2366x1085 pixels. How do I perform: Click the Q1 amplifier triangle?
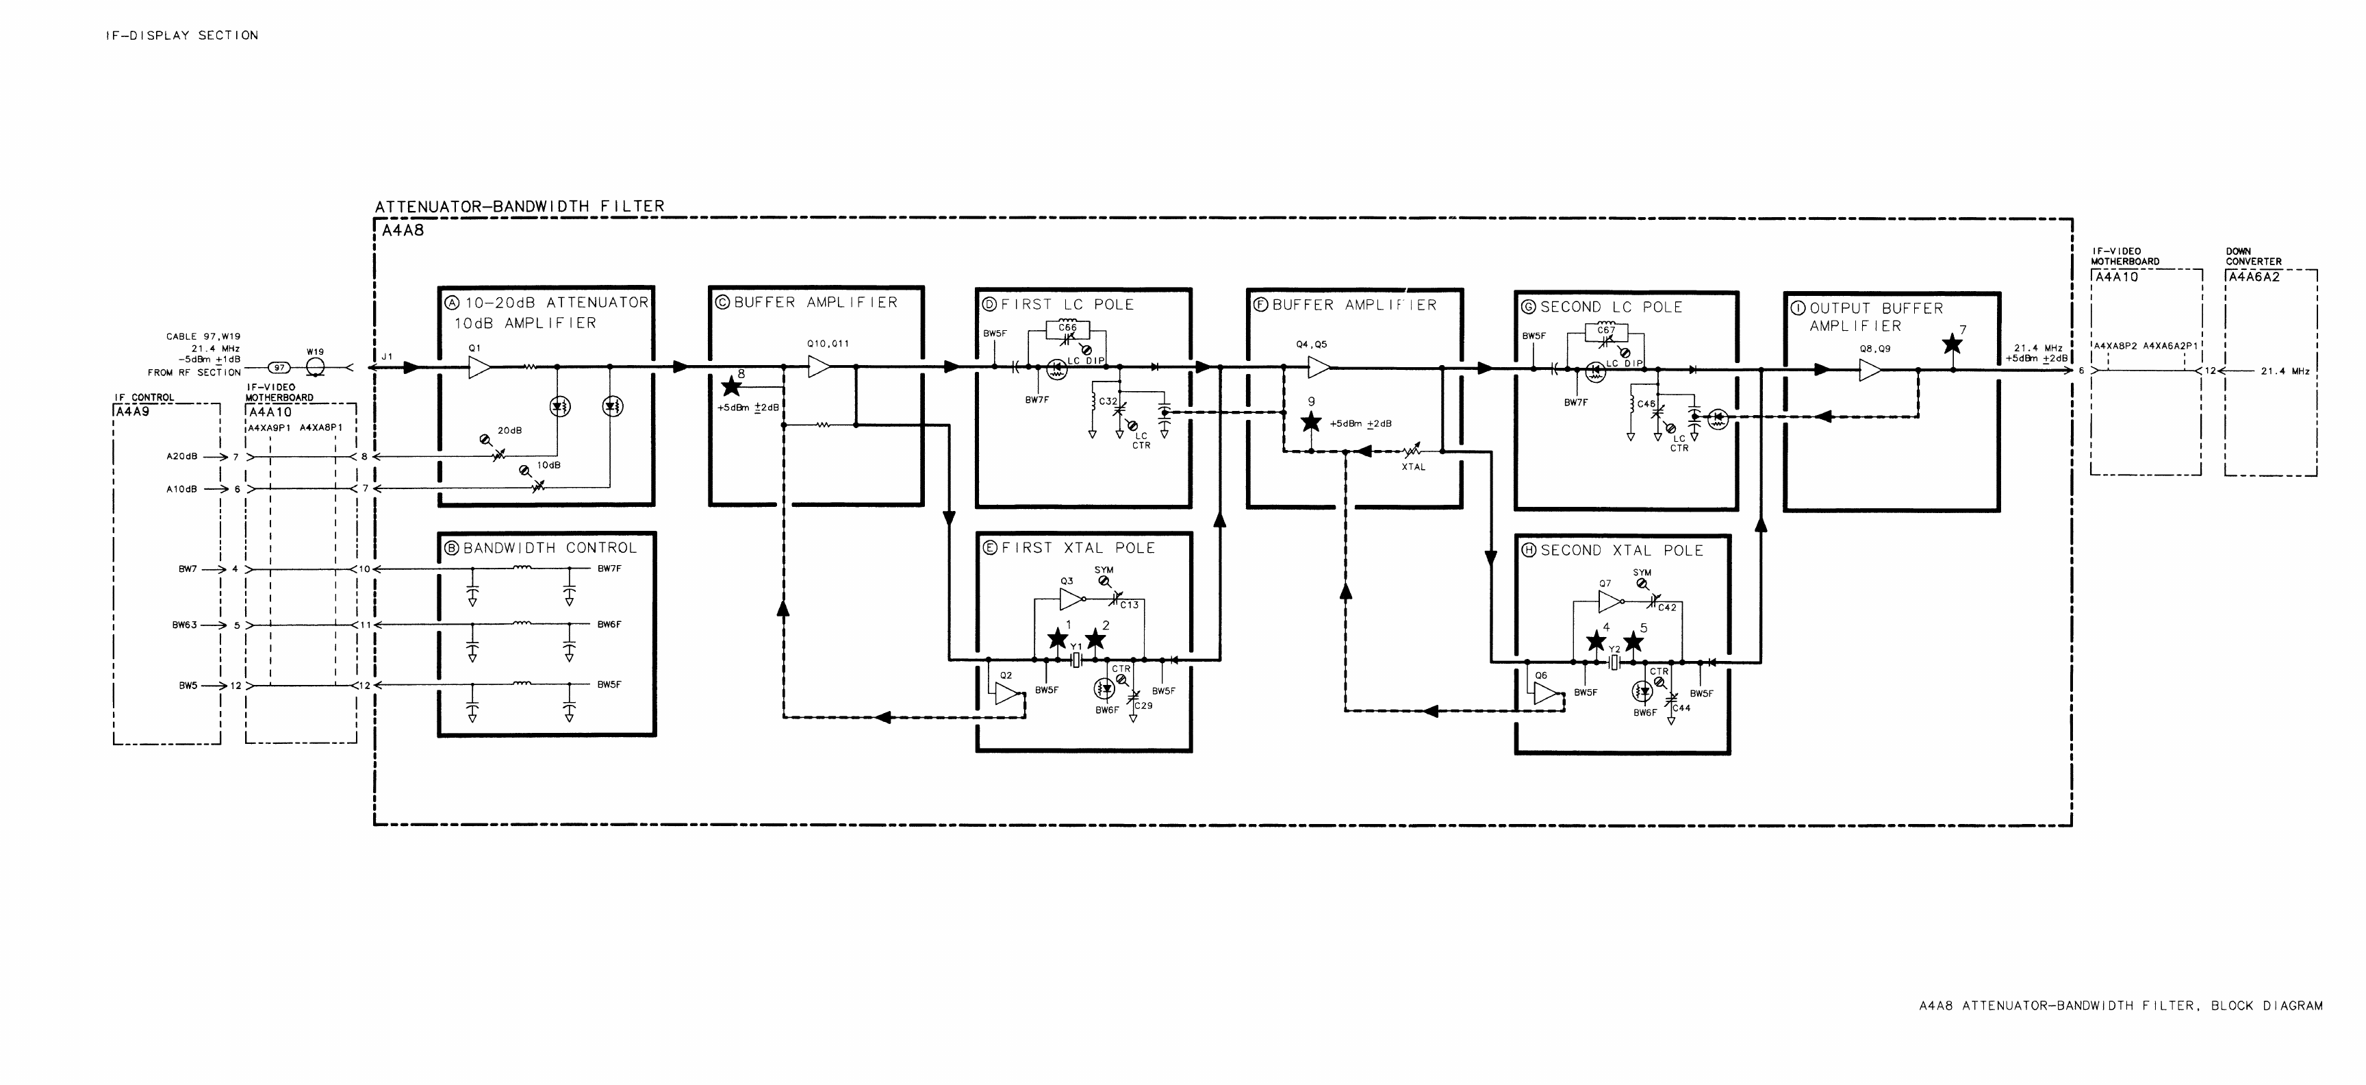tap(479, 367)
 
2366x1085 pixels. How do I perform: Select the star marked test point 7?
tap(1952, 345)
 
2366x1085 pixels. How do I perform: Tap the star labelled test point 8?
tap(731, 386)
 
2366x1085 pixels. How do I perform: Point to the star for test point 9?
tap(1310, 422)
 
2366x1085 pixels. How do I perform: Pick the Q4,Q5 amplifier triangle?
tap(1319, 367)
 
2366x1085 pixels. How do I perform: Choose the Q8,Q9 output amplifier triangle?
tap(1870, 369)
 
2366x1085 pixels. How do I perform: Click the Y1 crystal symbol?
tap(1076, 660)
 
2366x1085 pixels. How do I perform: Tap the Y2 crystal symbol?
tap(1614, 662)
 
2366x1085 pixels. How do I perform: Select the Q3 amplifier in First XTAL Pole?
tap(1071, 599)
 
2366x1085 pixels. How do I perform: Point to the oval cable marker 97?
tap(279, 367)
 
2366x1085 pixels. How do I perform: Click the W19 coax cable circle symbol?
tap(314, 367)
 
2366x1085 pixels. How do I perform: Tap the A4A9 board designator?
tap(131, 412)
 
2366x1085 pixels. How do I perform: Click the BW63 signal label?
tap(185, 625)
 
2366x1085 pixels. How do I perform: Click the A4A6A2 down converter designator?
tap(2253, 277)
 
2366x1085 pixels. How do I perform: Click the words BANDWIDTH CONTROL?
tap(549, 547)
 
